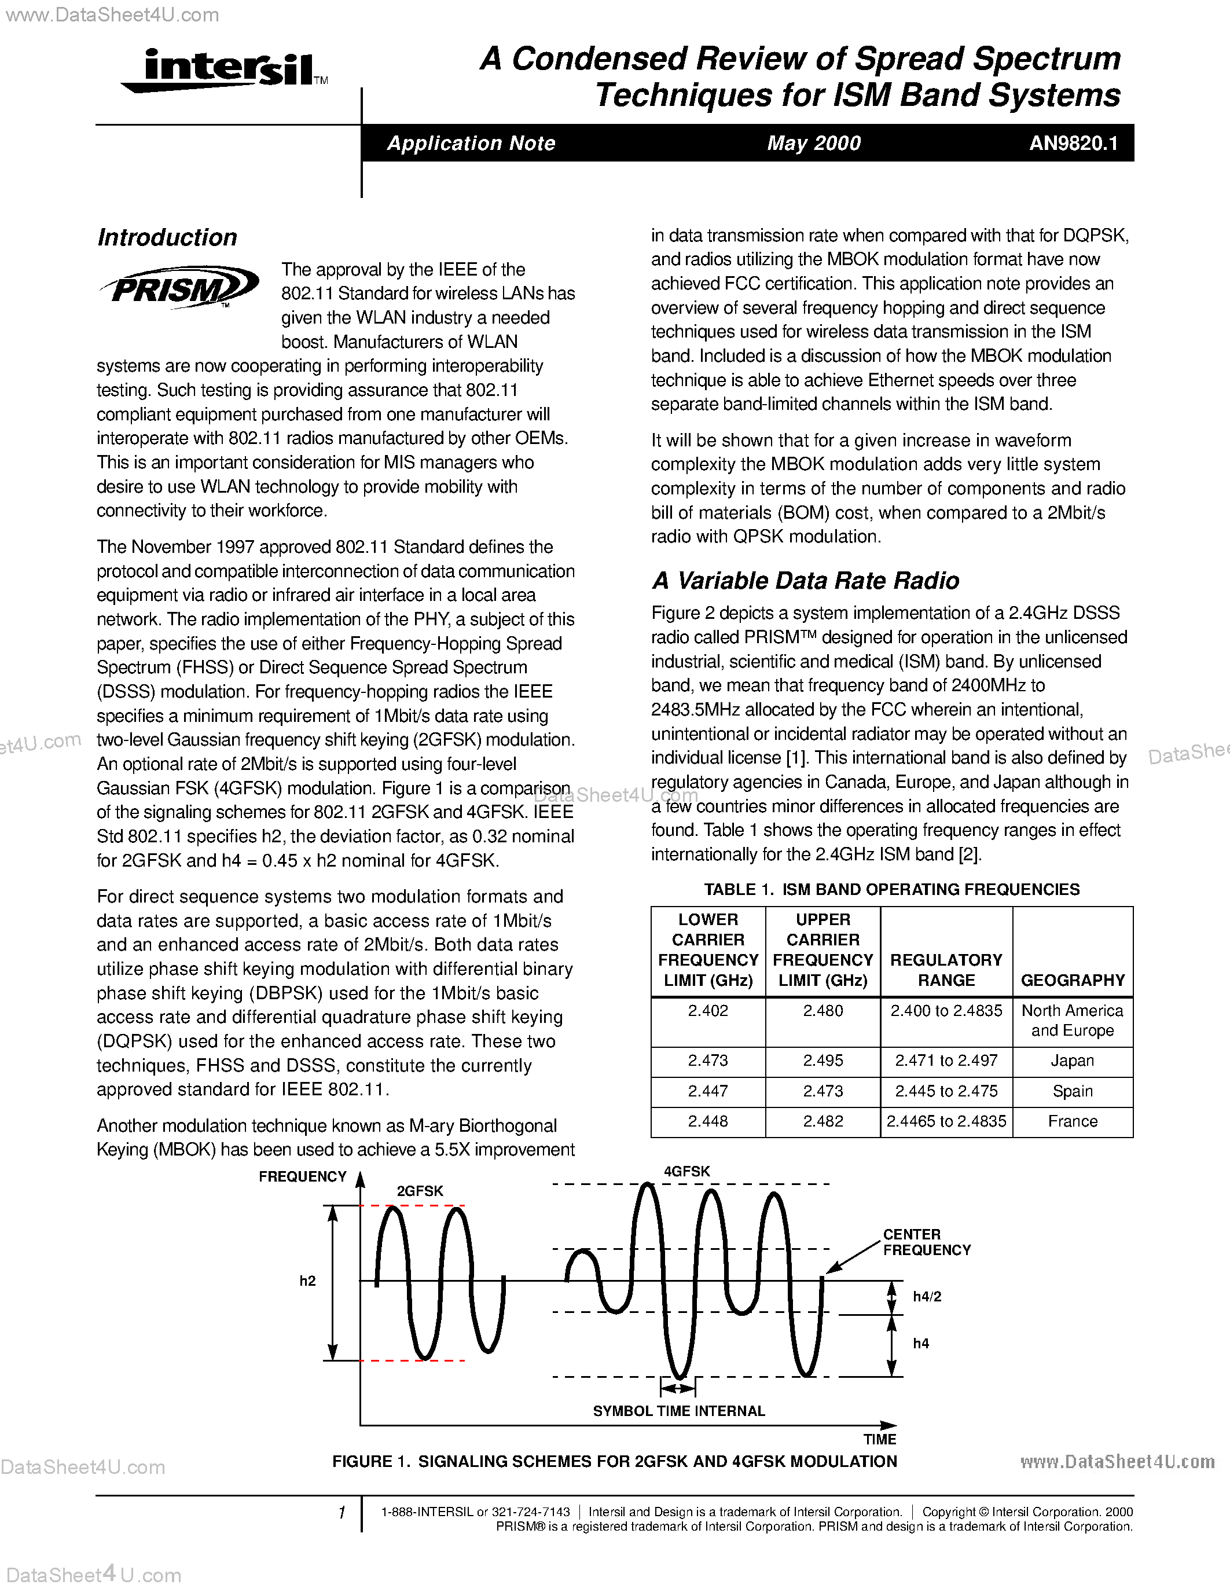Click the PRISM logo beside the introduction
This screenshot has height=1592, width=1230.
pyautogui.click(x=178, y=287)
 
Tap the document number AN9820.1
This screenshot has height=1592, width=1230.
pyautogui.click(x=1073, y=143)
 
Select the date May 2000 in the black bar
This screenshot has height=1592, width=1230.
pyautogui.click(x=813, y=143)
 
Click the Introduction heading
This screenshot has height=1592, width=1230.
pyautogui.click(x=167, y=237)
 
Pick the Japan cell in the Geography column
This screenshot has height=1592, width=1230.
pyautogui.click(x=1072, y=1061)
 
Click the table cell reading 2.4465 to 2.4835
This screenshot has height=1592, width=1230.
pyautogui.click(x=946, y=1121)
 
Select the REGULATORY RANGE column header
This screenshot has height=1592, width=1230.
pyautogui.click(x=946, y=970)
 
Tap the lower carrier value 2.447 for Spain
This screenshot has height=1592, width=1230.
pyautogui.click(x=707, y=1091)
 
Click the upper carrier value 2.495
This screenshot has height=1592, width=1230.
pyautogui.click(x=823, y=1061)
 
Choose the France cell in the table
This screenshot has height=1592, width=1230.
pyautogui.click(x=1072, y=1121)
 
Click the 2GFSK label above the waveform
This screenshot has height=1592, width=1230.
pyautogui.click(x=420, y=1190)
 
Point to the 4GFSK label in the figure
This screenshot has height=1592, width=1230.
pyautogui.click(x=686, y=1171)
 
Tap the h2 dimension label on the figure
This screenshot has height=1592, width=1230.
pyautogui.click(x=307, y=1281)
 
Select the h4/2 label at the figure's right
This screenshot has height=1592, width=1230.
pyautogui.click(x=927, y=1296)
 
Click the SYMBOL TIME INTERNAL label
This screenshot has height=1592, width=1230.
pyautogui.click(x=678, y=1410)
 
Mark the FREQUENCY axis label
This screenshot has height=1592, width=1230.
pyautogui.click(x=302, y=1176)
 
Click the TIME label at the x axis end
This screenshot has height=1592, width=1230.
pyautogui.click(x=879, y=1439)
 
